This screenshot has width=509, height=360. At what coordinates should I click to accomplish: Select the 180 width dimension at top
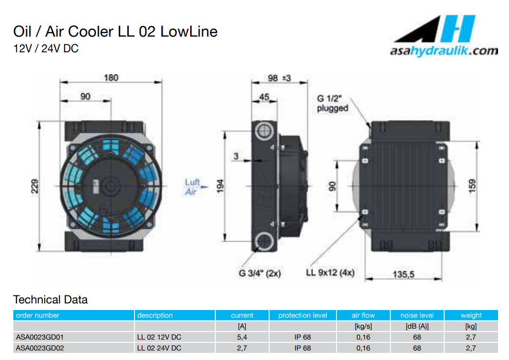click(x=111, y=78)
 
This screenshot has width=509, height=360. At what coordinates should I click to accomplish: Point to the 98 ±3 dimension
click(x=279, y=78)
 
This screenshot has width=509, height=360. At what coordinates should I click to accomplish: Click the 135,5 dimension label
click(x=403, y=274)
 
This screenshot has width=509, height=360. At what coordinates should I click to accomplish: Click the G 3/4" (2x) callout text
click(x=260, y=273)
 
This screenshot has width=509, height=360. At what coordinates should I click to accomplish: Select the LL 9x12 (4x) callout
click(x=330, y=273)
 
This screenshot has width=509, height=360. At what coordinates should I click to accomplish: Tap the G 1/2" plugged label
click(x=333, y=103)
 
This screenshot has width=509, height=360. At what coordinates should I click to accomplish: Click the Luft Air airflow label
click(x=192, y=187)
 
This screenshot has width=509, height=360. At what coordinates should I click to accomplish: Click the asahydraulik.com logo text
click(x=443, y=51)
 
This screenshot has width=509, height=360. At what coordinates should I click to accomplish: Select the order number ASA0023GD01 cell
click(x=40, y=337)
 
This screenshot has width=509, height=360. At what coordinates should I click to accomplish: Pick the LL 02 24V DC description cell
click(x=159, y=348)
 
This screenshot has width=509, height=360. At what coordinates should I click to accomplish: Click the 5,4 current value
click(x=242, y=337)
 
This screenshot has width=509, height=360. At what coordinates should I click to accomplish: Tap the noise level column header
click(x=417, y=315)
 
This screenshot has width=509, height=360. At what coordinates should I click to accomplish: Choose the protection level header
click(x=303, y=315)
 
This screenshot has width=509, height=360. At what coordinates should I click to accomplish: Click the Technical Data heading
click(x=50, y=300)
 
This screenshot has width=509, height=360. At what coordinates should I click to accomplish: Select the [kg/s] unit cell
click(x=363, y=326)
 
